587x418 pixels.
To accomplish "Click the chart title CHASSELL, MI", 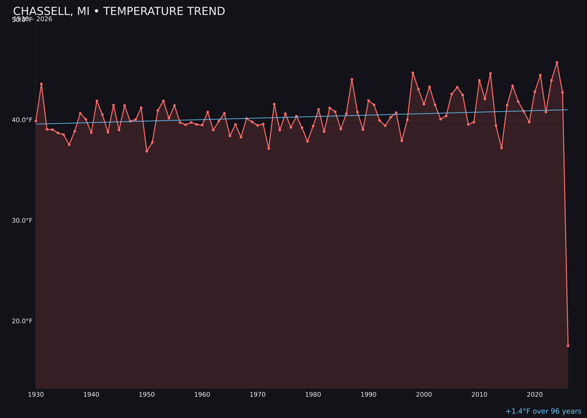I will point(118,11).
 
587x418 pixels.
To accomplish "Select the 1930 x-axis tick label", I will point(36,395).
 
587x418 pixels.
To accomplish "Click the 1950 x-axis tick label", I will point(147,395).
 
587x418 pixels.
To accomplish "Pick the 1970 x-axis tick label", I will point(258,395).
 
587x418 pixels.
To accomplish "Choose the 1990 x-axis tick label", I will point(369,395).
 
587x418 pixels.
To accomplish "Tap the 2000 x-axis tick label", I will point(424,395).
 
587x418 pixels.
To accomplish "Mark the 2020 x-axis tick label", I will point(535,395).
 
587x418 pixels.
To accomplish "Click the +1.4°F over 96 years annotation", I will point(543,411).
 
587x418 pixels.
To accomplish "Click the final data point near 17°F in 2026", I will point(568,346).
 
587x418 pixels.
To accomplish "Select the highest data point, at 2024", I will point(557,63).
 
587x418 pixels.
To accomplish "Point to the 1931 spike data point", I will point(41,84).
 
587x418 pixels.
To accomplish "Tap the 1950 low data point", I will point(147,151).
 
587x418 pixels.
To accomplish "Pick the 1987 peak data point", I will point(352,79).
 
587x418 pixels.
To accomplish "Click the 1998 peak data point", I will point(413,73).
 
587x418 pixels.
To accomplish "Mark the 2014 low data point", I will point(501,147).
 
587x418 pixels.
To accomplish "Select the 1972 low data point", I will point(268,148).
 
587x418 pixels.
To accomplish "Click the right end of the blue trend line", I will point(567,110).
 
